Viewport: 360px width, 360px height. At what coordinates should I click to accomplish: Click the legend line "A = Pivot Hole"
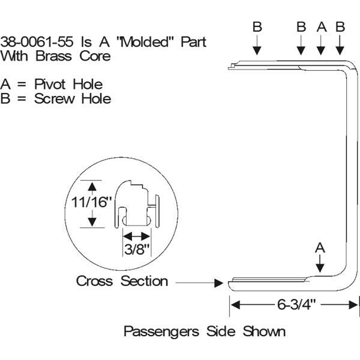51,85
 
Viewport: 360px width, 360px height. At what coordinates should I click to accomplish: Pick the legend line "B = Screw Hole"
56,99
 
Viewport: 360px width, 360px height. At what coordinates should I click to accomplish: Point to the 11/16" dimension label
89,203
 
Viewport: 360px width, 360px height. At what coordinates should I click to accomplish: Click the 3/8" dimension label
136,249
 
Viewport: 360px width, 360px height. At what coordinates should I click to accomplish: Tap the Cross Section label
122,281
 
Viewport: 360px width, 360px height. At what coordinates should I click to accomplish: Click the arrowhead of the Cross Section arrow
218,283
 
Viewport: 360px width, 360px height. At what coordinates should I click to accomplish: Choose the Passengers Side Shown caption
204,331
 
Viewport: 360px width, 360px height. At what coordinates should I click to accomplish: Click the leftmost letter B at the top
257,27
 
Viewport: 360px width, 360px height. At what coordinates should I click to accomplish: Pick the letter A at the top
321,27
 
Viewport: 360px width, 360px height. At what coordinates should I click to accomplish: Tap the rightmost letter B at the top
340,27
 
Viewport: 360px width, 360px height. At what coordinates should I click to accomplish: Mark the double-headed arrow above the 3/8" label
136,237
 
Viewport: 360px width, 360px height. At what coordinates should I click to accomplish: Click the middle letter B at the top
301,27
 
